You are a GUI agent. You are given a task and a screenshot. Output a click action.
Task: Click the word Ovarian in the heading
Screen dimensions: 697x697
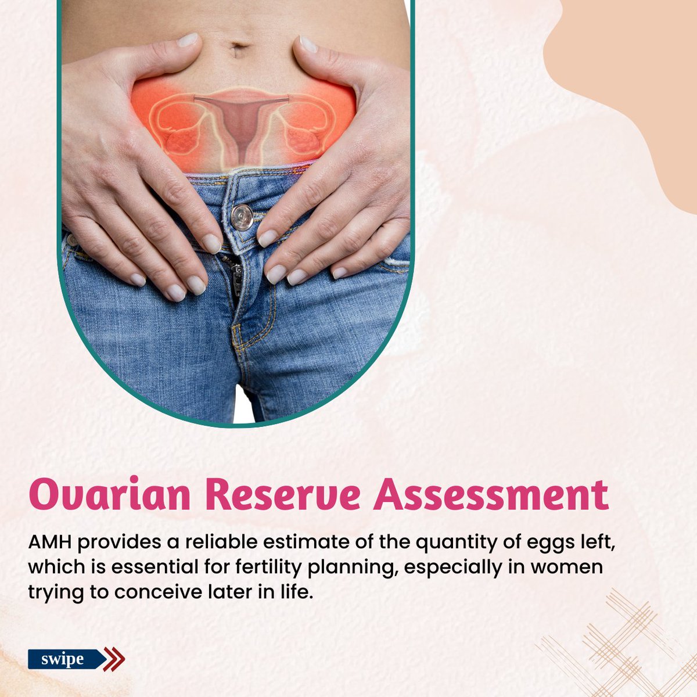click(x=110, y=495)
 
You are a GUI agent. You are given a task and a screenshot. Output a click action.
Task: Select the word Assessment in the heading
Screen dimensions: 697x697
click(x=491, y=495)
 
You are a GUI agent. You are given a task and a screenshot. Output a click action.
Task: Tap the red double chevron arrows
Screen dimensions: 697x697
click(x=114, y=659)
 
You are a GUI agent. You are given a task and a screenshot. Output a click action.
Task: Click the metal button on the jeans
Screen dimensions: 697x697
click(x=242, y=217)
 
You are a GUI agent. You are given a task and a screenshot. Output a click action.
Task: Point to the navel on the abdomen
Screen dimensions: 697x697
click(x=238, y=49)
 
